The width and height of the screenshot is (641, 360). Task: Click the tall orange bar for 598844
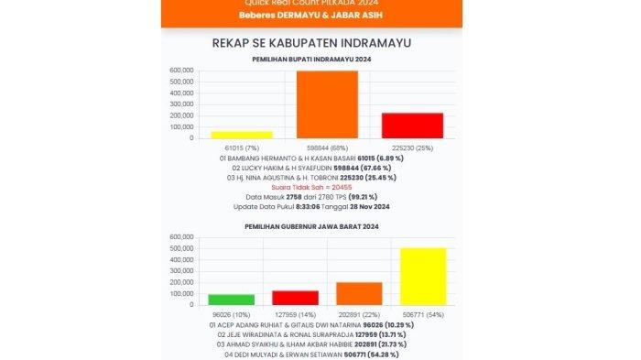(327, 104)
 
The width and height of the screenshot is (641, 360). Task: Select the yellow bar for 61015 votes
(242, 135)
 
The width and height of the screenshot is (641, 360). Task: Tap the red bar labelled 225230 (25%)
(412, 125)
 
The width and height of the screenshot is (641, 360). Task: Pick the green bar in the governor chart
(231, 300)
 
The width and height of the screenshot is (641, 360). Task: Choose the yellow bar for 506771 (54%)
(423, 277)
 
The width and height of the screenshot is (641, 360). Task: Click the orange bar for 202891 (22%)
(359, 293)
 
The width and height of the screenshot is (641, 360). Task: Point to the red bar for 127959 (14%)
(295, 298)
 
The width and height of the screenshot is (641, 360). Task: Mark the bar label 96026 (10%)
(231, 313)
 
